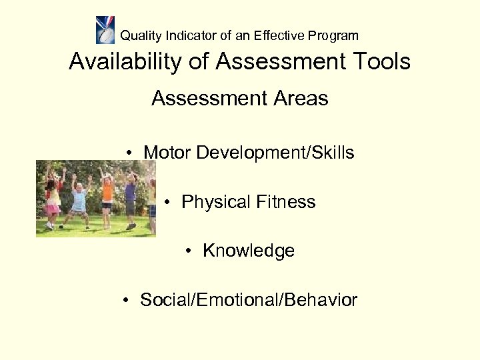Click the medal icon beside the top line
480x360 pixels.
click(105, 30)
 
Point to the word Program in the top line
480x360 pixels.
click(333, 36)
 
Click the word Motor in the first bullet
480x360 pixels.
click(167, 153)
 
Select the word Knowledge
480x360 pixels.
click(248, 251)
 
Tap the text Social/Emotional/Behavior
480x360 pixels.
click(248, 300)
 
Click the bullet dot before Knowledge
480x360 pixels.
click(190, 251)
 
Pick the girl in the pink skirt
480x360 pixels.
click(53, 200)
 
